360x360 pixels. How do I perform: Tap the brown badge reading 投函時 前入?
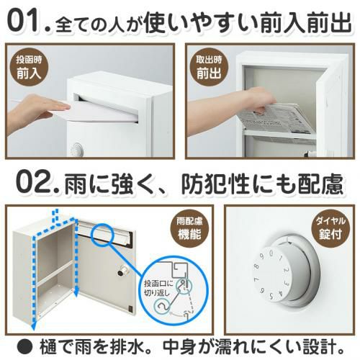click(29, 68)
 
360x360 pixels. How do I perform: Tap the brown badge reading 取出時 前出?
click(209, 68)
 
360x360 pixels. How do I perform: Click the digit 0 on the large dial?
click(271, 253)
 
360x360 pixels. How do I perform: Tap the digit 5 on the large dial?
click(271, 296)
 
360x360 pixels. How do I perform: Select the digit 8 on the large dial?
click(257, 266)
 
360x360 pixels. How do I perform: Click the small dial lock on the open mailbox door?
click(122, 272)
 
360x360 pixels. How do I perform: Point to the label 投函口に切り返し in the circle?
click(158, 288)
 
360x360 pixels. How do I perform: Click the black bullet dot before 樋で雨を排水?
click(24, 347)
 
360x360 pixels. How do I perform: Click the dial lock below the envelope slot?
click(77, 149)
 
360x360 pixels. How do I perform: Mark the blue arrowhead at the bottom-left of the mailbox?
click(35, 325)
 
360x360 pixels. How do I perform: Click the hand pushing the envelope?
click(36, 108)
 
